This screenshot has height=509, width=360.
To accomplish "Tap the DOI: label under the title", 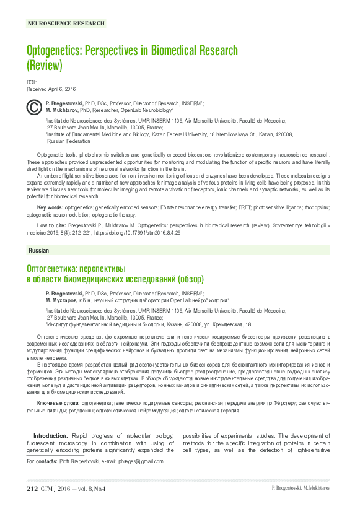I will [32, 82].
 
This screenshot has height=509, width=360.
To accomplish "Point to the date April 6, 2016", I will [62, 89].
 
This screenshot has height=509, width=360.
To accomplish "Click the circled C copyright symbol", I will [33, 107].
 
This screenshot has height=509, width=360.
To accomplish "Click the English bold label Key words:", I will [50, 206].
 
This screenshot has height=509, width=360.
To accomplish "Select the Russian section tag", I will [39, 251].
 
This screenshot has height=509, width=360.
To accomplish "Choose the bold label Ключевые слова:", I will [59, 403].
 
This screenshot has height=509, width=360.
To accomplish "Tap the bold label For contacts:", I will [45, 461].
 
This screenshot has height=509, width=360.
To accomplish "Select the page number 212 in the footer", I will [33, 489].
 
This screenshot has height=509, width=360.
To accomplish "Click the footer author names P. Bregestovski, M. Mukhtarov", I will [301, 489].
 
